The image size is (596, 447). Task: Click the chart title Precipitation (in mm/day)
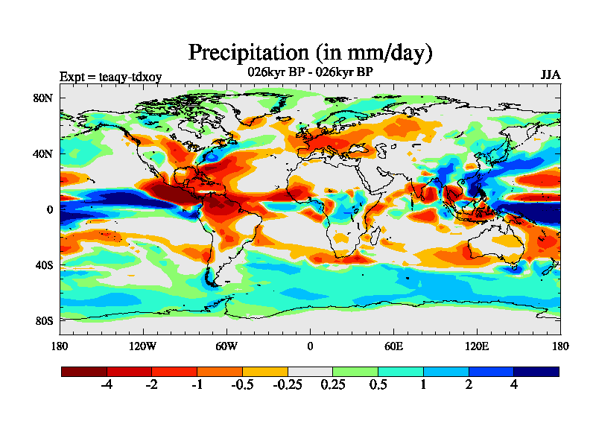(310, 53)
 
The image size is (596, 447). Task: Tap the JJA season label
(550, 76)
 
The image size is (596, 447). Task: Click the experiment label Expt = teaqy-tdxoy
(110, 77)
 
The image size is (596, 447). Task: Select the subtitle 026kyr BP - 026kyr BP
(310, 72)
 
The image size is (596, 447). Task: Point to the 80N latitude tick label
(42, 98)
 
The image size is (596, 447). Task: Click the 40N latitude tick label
(42, 153)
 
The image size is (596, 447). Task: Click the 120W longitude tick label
(143, 346)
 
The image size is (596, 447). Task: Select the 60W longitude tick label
(226, 346)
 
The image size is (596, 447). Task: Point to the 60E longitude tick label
(393, 346)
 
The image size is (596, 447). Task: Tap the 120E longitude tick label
(477, 346)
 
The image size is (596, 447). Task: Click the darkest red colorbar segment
(84, 371)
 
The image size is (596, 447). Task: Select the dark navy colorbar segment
(536, 371)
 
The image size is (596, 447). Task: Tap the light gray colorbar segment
(310, 371)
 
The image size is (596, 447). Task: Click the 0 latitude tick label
(49, 209)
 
